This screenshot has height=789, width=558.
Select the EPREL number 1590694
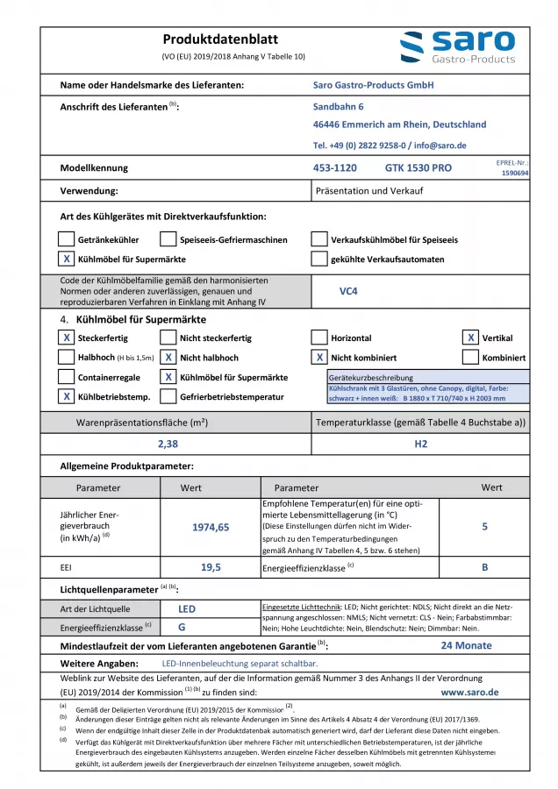tap(514, 174)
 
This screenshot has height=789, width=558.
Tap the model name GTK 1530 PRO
tap(418, 167)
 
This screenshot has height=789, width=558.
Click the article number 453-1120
tap(334, 167)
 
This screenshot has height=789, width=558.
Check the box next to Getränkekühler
tap(66, 238)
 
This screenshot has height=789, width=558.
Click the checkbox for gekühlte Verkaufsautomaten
tap(319, 259)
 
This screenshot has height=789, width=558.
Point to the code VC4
tap(348, 290)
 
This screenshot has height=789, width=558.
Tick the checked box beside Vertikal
tap(470, 338)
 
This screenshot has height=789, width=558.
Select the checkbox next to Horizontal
tap(319, 338)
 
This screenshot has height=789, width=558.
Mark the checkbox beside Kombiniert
tap(470, 358)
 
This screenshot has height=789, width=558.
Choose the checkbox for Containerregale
tap(66, 377)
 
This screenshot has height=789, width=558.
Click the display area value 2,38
tap(168, 444)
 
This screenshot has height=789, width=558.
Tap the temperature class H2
tap(421, 444)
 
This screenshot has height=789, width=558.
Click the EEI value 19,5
tap(210, 568)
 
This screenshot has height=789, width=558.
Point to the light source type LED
tap(187, 608)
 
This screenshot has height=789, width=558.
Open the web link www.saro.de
tap(469, 692)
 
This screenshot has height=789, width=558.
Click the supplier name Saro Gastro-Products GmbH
tap(373, 85)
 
